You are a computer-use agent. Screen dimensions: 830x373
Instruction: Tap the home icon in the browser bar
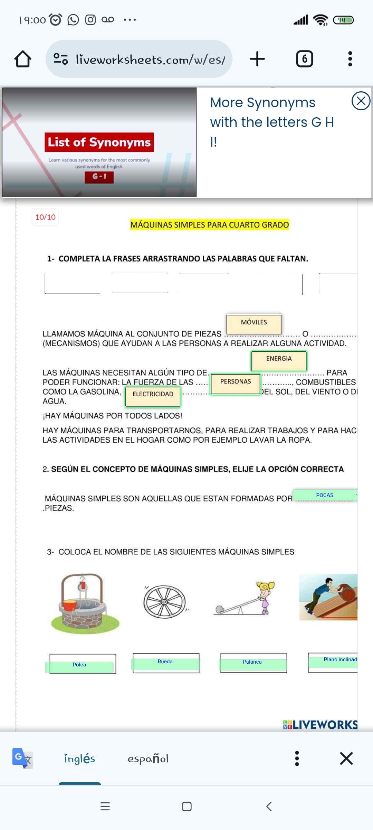coord(23,59)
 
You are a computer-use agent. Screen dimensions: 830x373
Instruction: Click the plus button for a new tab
coord(257,59)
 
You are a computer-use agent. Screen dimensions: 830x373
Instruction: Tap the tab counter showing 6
coord(304,59)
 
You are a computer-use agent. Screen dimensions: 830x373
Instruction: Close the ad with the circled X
coord(361,101)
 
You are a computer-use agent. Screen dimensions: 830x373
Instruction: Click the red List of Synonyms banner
coord(99,142)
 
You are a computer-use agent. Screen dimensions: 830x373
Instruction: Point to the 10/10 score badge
coord(45,217)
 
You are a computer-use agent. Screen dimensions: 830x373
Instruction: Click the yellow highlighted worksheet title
coord(209,225)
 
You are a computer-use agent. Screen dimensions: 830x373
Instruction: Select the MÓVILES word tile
coord(254,324)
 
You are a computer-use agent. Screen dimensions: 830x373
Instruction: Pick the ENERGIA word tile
coord(279,360)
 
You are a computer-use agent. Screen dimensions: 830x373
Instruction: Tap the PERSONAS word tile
coord(236,384)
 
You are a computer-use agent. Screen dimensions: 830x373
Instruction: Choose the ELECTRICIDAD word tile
coord(153,396)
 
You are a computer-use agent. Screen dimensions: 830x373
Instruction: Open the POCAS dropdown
coord(325,495)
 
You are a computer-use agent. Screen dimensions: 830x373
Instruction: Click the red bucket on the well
coord(70,605)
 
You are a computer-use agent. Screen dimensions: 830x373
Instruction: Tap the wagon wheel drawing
coord(164,602)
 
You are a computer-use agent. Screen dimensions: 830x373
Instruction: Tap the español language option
coord(148,759)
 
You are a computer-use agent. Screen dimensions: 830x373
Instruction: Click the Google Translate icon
coord(22,758)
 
